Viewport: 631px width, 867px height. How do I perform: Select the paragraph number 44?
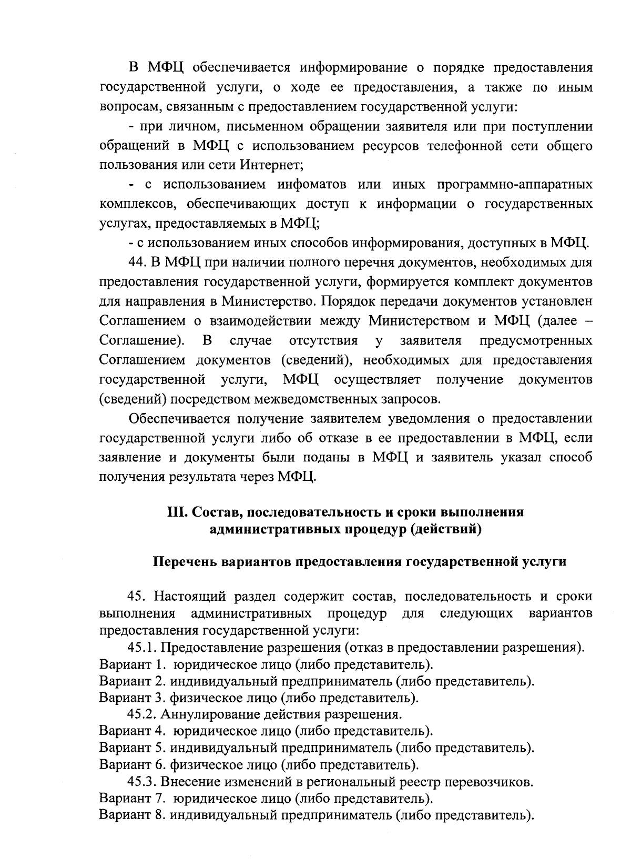137,262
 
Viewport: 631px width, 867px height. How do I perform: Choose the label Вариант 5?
133,748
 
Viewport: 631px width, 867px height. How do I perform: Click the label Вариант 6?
133,765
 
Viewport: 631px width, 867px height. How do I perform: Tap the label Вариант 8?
133,815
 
